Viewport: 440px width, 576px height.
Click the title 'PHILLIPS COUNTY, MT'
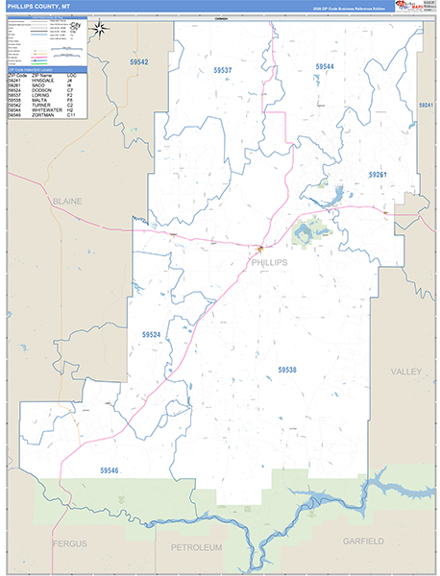[37, 7]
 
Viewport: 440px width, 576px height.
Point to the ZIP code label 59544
[325, 66]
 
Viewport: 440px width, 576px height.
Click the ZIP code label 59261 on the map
[377, 175]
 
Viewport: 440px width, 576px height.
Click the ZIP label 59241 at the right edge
[427, 105]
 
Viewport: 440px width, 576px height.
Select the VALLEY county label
[407, 371]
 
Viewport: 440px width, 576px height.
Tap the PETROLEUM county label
[196, 547]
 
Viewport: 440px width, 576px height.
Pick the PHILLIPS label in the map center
[268, 261]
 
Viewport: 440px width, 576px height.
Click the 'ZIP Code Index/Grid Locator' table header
[37, 69]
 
